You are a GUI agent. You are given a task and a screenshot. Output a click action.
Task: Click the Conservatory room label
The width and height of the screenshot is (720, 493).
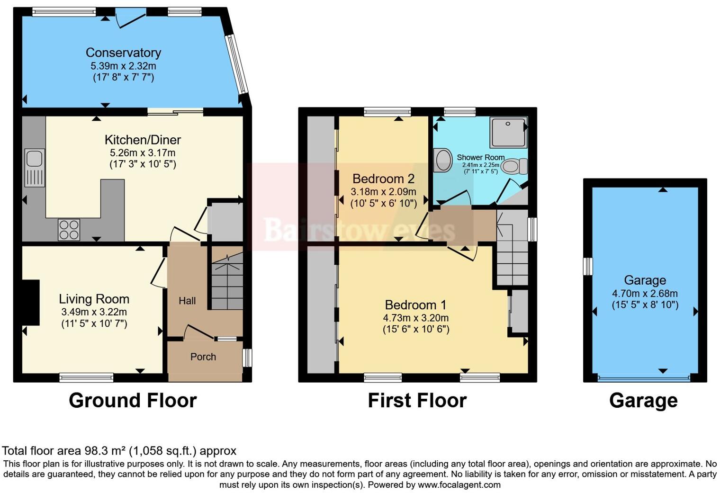pos(123,53)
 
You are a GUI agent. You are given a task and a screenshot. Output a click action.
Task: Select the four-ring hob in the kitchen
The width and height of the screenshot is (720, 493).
pos(69,230)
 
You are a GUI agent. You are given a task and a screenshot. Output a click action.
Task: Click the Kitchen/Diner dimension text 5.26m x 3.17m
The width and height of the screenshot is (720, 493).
pos(143,153)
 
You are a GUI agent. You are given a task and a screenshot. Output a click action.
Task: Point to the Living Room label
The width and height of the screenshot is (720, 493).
pos(94,299)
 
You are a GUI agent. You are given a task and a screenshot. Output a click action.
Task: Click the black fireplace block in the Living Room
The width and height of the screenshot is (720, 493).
pos(31,302)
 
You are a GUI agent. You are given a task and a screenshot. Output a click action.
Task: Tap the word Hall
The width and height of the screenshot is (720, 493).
pos(187,301)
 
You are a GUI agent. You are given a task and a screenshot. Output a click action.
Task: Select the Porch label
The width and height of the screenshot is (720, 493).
pos(203,357)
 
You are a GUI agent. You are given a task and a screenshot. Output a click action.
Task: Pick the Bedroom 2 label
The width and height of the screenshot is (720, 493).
pos(383,179)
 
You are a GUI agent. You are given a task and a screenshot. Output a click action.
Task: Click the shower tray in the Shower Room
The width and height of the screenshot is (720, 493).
pos(509,132)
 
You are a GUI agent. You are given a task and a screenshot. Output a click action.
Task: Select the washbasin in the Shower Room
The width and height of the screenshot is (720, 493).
pos(443,160)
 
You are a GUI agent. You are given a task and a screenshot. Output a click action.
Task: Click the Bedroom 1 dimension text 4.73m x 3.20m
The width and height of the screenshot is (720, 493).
pos(415,318)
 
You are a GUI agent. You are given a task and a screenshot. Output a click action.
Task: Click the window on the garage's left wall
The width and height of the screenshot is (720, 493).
pos(588,266)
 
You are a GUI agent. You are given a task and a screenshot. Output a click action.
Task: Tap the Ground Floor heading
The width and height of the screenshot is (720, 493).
pos(133,401)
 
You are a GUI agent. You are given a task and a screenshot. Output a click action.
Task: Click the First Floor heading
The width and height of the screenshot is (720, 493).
pos(417,401)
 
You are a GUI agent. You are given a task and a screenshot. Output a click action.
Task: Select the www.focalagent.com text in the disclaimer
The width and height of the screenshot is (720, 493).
pos(459,485)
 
